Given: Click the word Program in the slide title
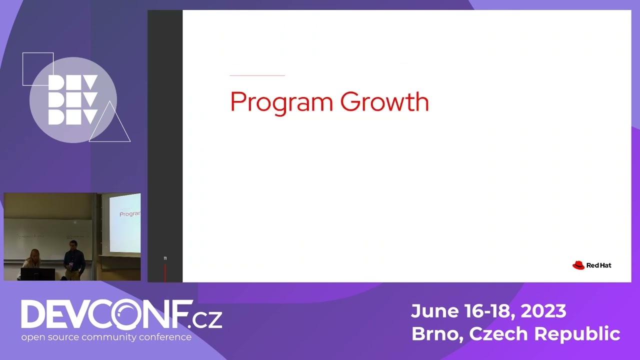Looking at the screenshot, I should click(x=281, y=102).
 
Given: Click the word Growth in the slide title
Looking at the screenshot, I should click(x=384, y=101).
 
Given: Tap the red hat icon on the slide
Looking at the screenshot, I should click(x=578, y=265).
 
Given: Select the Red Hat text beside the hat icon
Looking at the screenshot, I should click(x=599, y=265).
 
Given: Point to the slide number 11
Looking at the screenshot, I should click(x=165, y=258).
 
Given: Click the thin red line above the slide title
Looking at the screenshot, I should click(x=257, y=75).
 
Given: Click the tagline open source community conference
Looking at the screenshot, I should click(x=106, y=337).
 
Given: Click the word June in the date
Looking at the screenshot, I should click(x=433, y=311).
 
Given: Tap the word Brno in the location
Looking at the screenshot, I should click(x=436, y=333).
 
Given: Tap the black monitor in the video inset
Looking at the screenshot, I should click(x=37, y=274).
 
